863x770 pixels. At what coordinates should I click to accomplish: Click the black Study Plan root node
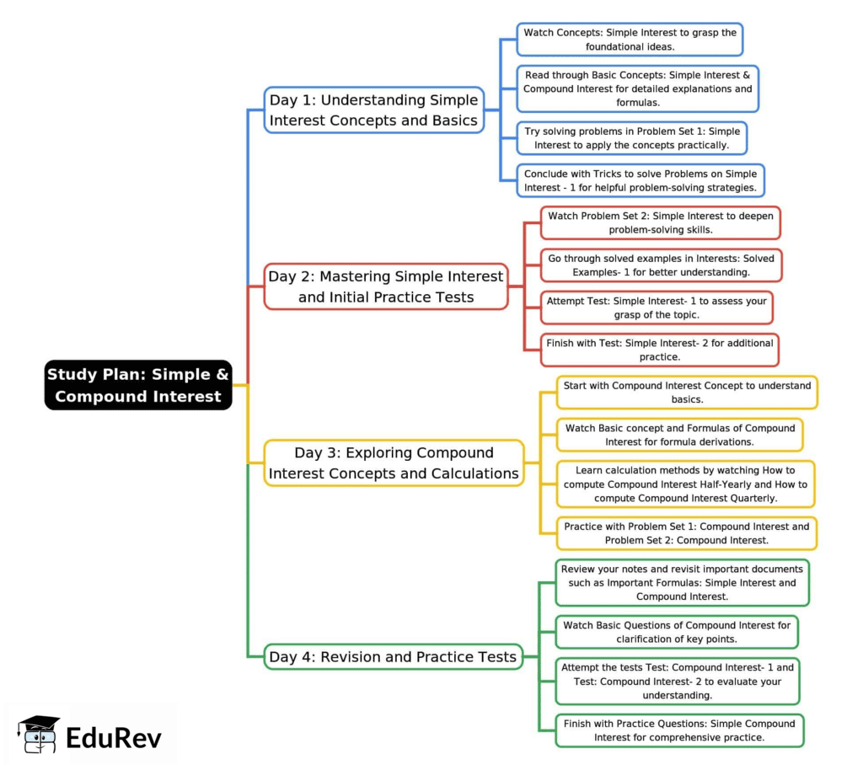[138, 385]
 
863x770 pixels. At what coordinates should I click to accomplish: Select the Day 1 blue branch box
[374, 110]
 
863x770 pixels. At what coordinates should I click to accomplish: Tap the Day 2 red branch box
[386, 286]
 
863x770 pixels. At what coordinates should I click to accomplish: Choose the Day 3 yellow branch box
[394, 463]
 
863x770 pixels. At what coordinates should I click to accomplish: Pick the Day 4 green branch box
[393, 656]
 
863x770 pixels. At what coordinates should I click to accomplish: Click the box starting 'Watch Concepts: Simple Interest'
[630, 40]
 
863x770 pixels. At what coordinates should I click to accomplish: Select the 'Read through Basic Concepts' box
[637, 88]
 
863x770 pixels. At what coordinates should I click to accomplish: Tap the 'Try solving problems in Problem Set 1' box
[631, 138]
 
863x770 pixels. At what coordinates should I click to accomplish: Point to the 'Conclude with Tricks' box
[641, 180]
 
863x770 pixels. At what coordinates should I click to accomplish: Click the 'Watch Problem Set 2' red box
[660, 222]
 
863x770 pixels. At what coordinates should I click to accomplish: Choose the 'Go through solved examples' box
[661, 265]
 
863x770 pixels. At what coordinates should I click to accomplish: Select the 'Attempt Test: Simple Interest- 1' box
[657, 307]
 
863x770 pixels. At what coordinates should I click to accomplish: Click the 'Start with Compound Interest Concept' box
[687, 392]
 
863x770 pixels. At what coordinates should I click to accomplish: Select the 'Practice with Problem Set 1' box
[686, 532]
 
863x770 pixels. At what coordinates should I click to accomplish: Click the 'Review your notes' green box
[682, 582]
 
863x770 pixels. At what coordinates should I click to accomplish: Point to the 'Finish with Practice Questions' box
[679, 730]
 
